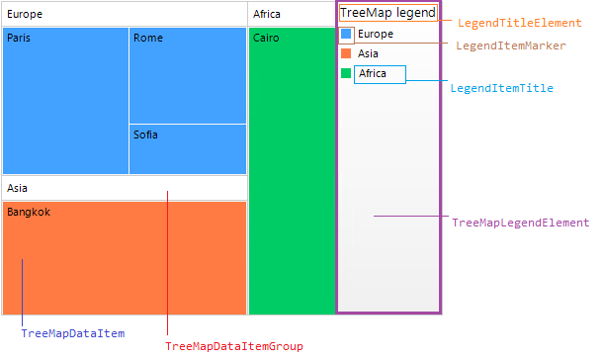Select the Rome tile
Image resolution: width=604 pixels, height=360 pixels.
(188, 75)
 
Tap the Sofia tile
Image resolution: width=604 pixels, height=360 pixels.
(188, 149)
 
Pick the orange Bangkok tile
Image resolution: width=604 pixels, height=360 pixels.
(124, 257)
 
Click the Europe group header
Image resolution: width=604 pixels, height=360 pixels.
(124, 14)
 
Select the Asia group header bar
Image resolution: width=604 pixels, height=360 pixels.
(124, 188)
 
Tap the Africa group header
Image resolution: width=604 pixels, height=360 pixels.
(291, 14)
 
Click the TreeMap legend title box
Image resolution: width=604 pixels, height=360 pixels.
(388, 14)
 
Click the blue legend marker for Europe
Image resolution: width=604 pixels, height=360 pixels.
(346, 35)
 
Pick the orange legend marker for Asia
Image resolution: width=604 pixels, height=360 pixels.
(346, 54)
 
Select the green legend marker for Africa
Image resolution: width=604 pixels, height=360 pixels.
(346, 74)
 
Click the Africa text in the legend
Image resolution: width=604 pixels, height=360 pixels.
(380, 74)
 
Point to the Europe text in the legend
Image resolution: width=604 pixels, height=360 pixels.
(376, 35)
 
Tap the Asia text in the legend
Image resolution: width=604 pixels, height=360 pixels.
(369, 54)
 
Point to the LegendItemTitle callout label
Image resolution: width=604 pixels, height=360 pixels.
(501, 88)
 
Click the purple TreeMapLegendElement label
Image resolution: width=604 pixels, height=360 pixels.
(520, 224)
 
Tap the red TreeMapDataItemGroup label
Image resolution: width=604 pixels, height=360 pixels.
(233, 346)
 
